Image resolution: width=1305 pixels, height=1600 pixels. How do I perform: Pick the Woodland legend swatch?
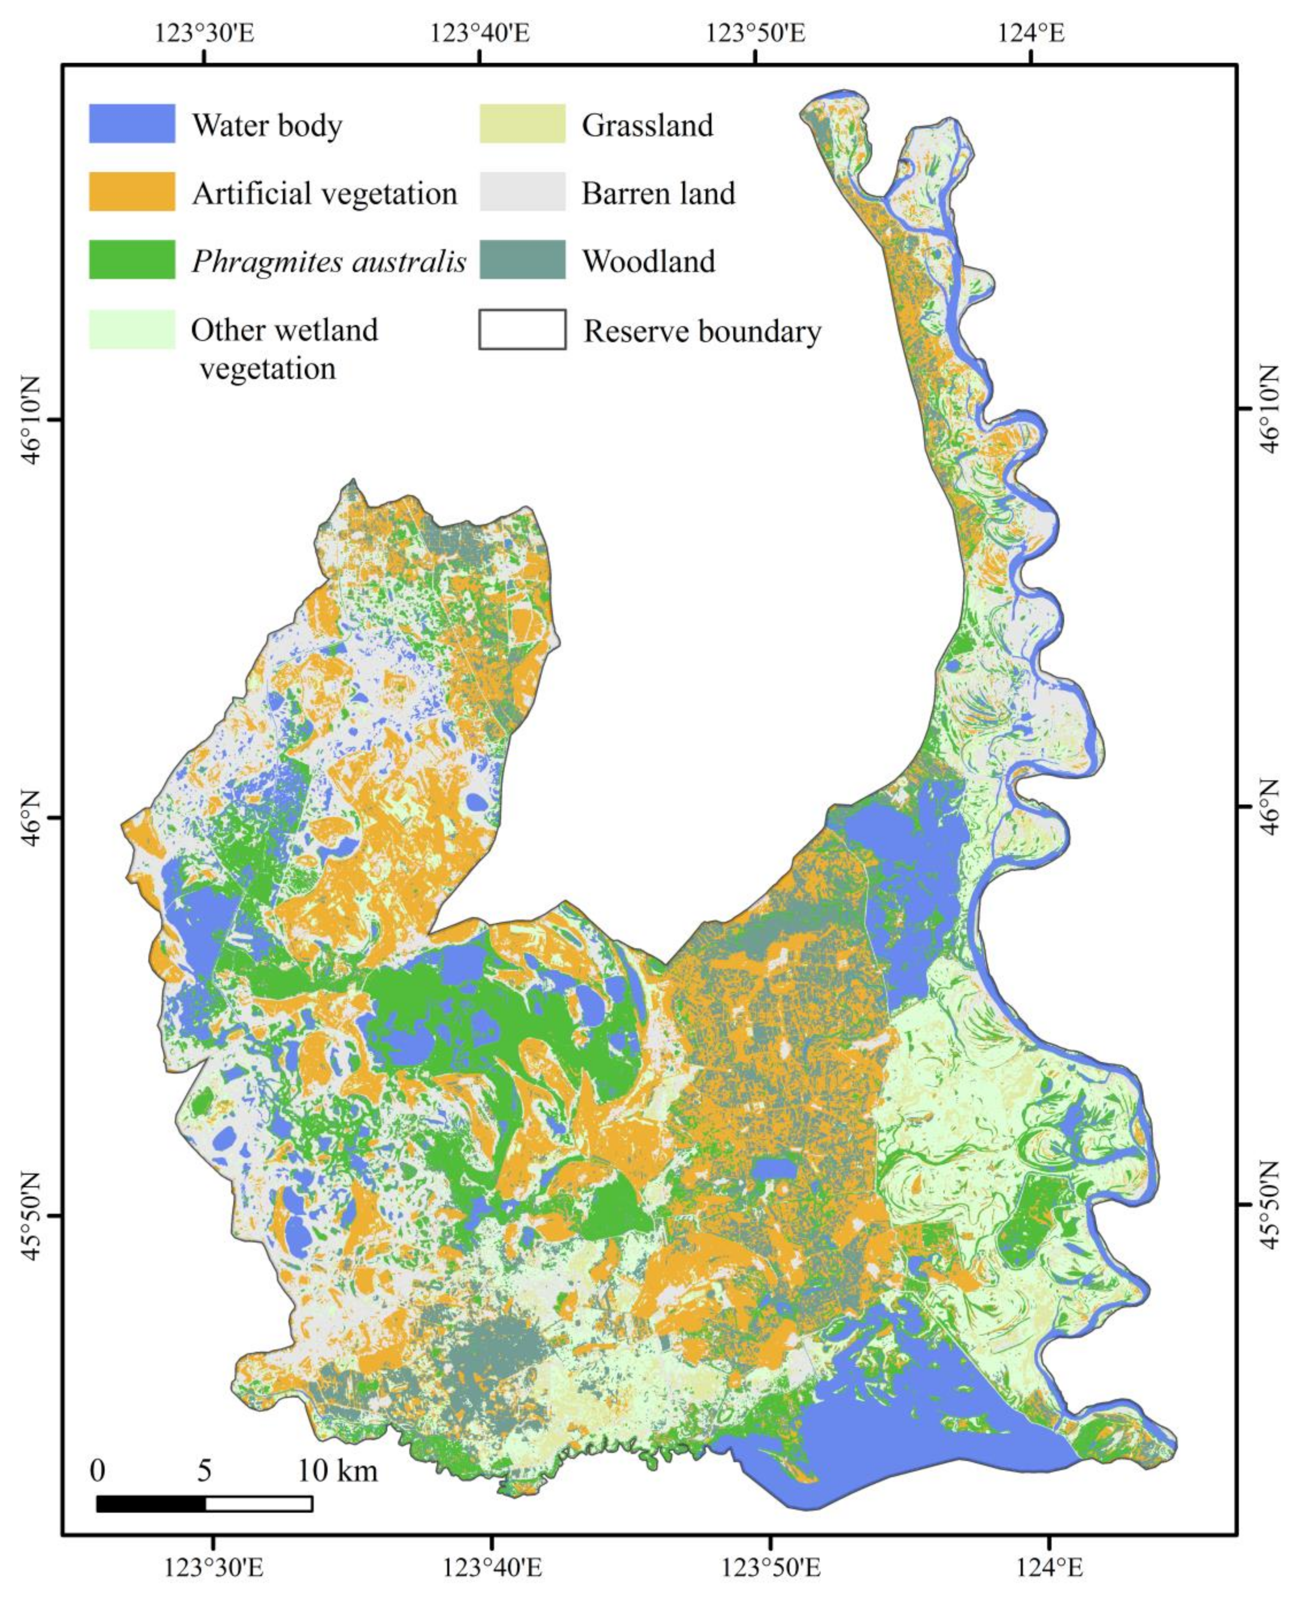tap(523, 259)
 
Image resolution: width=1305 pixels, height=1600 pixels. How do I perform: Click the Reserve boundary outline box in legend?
tap(523, 330)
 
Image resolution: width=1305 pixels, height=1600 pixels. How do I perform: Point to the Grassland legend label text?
tap(647, 125)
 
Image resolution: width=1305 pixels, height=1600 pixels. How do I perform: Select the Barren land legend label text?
tap(658, 193)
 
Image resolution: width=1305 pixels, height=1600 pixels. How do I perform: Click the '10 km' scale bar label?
tap(338, 1449)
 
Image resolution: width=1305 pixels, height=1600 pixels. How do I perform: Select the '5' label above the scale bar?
tap(204, 1449)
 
